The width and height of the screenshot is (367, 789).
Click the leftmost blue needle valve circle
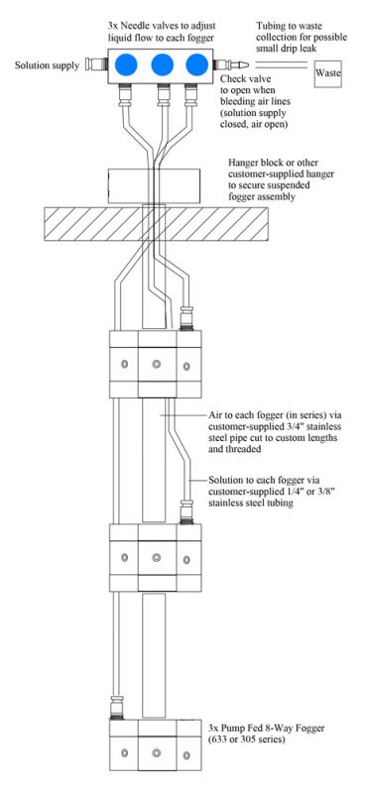[x=127, y=65]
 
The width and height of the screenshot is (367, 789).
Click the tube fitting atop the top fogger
[x=187, y=318]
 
